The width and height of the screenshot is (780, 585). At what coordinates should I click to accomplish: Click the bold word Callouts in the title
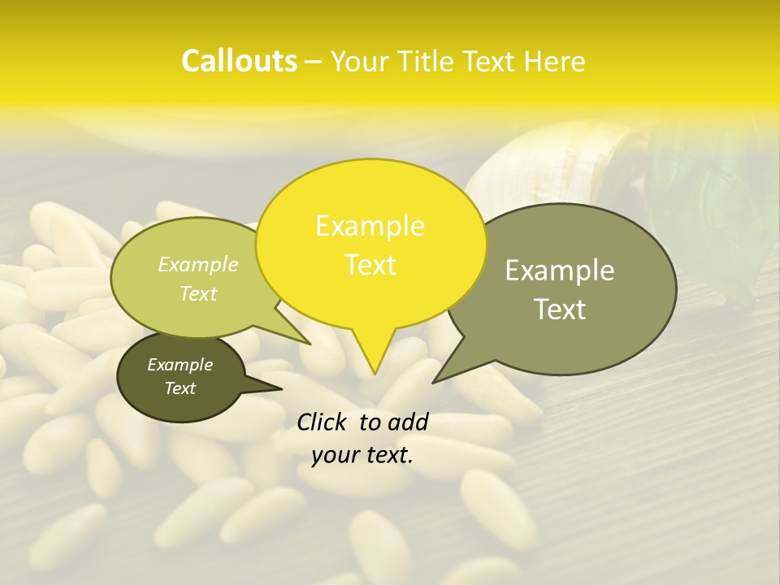(x=239, y=61)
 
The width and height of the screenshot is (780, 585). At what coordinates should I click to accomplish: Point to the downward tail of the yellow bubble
(x=374, y=353)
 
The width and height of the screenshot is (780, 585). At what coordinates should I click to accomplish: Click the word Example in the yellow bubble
(x=370, y=226)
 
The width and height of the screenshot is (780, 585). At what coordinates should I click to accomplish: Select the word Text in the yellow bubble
(x=370, y=265)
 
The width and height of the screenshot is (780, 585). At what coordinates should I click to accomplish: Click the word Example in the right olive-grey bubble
(x=560, y=271)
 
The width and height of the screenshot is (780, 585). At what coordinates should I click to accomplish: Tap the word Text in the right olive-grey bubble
(x=560, y=310)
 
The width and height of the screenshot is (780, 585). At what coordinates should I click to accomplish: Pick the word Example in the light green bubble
(x=198, y=264)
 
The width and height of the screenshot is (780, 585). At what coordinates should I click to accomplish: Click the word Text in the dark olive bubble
(x=180, y=388)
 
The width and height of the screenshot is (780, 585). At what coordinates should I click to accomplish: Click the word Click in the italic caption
(x=323, y=422)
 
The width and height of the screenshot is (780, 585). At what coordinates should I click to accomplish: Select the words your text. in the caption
(x=362, y=456)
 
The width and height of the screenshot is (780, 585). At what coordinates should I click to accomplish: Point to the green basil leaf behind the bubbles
(x=715, y=203)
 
